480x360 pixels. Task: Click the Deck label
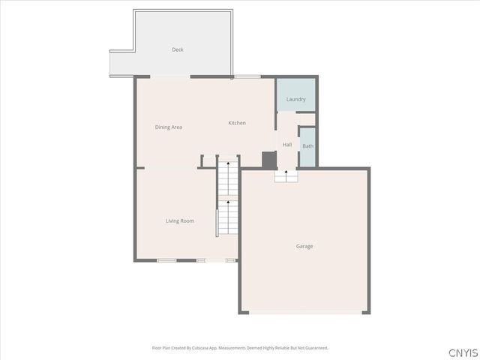(x=178, y=49)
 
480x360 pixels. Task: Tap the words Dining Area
(x=169, y=127)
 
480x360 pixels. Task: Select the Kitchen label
(x=237, y=123)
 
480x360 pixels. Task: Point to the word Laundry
(x=295, y=99)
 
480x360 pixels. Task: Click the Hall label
(x=287, y=145)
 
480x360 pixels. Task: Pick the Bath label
(x=308, y=146)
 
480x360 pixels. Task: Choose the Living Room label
(x=180, y=220)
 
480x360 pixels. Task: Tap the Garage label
(x=304, y=246)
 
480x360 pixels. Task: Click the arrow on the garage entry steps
(x=286, y=173)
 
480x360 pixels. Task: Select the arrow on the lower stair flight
(x=228, y=200)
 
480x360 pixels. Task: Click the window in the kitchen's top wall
(x=247, y=76)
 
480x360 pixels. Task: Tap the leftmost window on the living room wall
(x=166, y=260)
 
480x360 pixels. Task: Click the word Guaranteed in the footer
(x=313, y=348)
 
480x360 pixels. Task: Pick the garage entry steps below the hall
(x=286, y=176)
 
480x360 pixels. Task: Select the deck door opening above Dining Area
(x=170, y=76)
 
